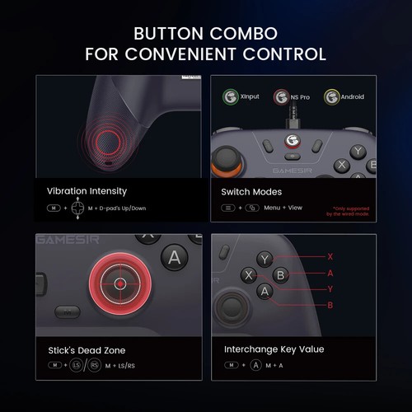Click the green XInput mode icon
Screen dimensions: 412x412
(232, 96)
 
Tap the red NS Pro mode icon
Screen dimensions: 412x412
(282, 97)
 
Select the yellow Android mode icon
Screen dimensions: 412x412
(332, 97)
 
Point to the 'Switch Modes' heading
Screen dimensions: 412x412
(251, 191)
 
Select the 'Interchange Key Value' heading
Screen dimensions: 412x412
(274, 349)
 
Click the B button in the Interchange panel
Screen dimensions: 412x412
(280, 275)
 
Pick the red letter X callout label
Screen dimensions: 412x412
(330, 256)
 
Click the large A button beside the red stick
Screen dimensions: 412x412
(175, 257)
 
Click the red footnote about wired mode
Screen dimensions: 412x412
(350, 211)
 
